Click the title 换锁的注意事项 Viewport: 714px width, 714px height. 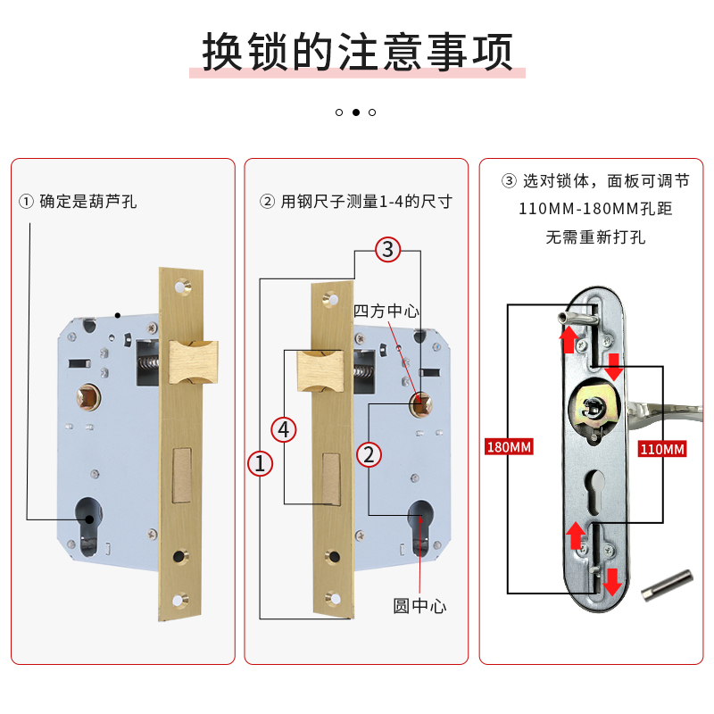(x=357, y=52)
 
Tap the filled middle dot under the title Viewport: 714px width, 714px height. (x=356, y=112)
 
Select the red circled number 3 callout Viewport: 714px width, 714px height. (x=386, y=249)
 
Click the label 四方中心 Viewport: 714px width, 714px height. (x=386, y=311)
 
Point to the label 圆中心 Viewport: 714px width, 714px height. (x=419, y=606)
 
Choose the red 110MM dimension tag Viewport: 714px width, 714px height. (x=662, y=449)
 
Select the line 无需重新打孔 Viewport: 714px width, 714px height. (x=595, y=237)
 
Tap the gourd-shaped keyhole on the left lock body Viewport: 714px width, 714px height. (x=87, y=524)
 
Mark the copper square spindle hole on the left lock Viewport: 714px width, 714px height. (x=90, y=394)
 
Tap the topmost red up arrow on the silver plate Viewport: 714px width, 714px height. (x=566, y=336)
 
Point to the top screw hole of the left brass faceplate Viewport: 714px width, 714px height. (x=186, y=287)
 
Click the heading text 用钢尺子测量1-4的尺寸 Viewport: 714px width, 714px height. (x=356, y=202)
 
